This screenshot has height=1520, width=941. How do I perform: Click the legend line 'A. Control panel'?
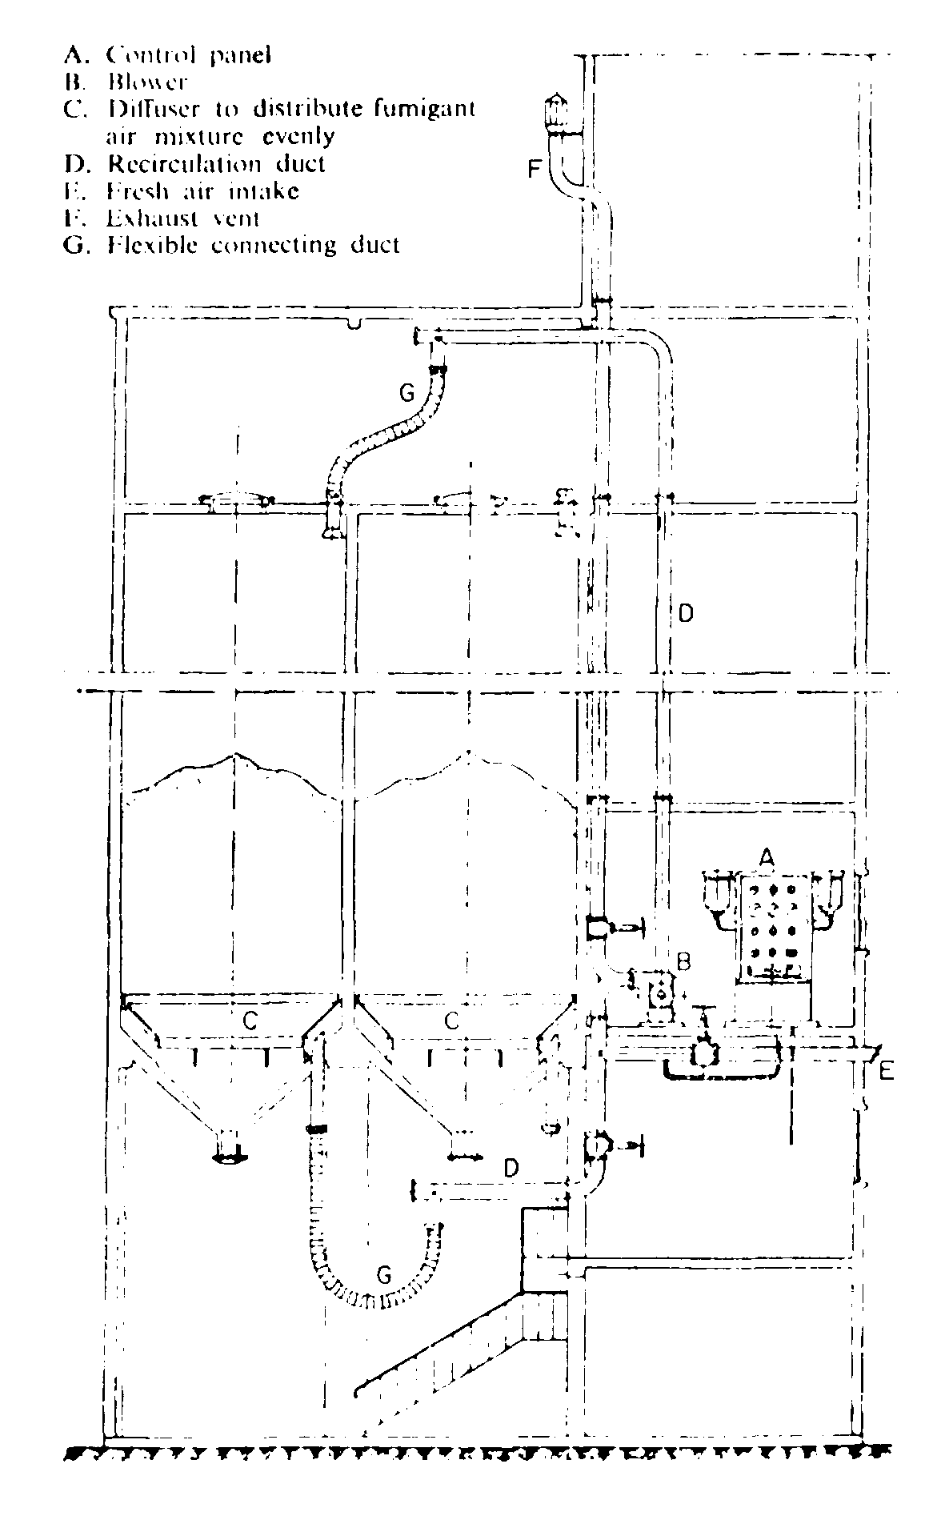(168, 54)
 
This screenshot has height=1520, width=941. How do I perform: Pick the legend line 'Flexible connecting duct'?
(232, 245)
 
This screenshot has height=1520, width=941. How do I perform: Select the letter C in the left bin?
(251, 1021)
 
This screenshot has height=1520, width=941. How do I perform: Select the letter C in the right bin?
(452, 1021)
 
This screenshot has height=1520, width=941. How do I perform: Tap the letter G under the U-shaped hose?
(385, 1272)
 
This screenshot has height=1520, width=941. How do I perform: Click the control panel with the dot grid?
(771, 928)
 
